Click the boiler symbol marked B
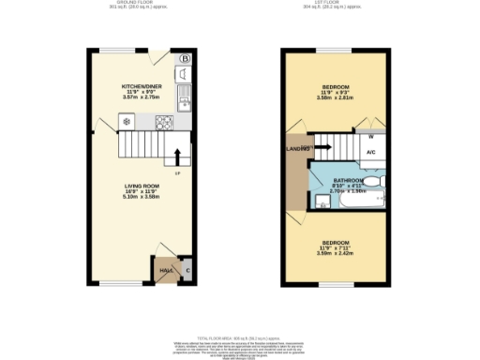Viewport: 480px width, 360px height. click(x=184, y=59)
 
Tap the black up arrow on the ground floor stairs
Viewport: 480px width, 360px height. click(x=178, y=155)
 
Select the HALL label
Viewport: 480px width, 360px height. click(x=165, y=270)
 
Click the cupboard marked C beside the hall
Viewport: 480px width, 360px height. click(x=187, y=270)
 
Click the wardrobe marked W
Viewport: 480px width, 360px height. click(x=371, y=137)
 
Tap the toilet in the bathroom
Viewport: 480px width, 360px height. click(x=373, y=183)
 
